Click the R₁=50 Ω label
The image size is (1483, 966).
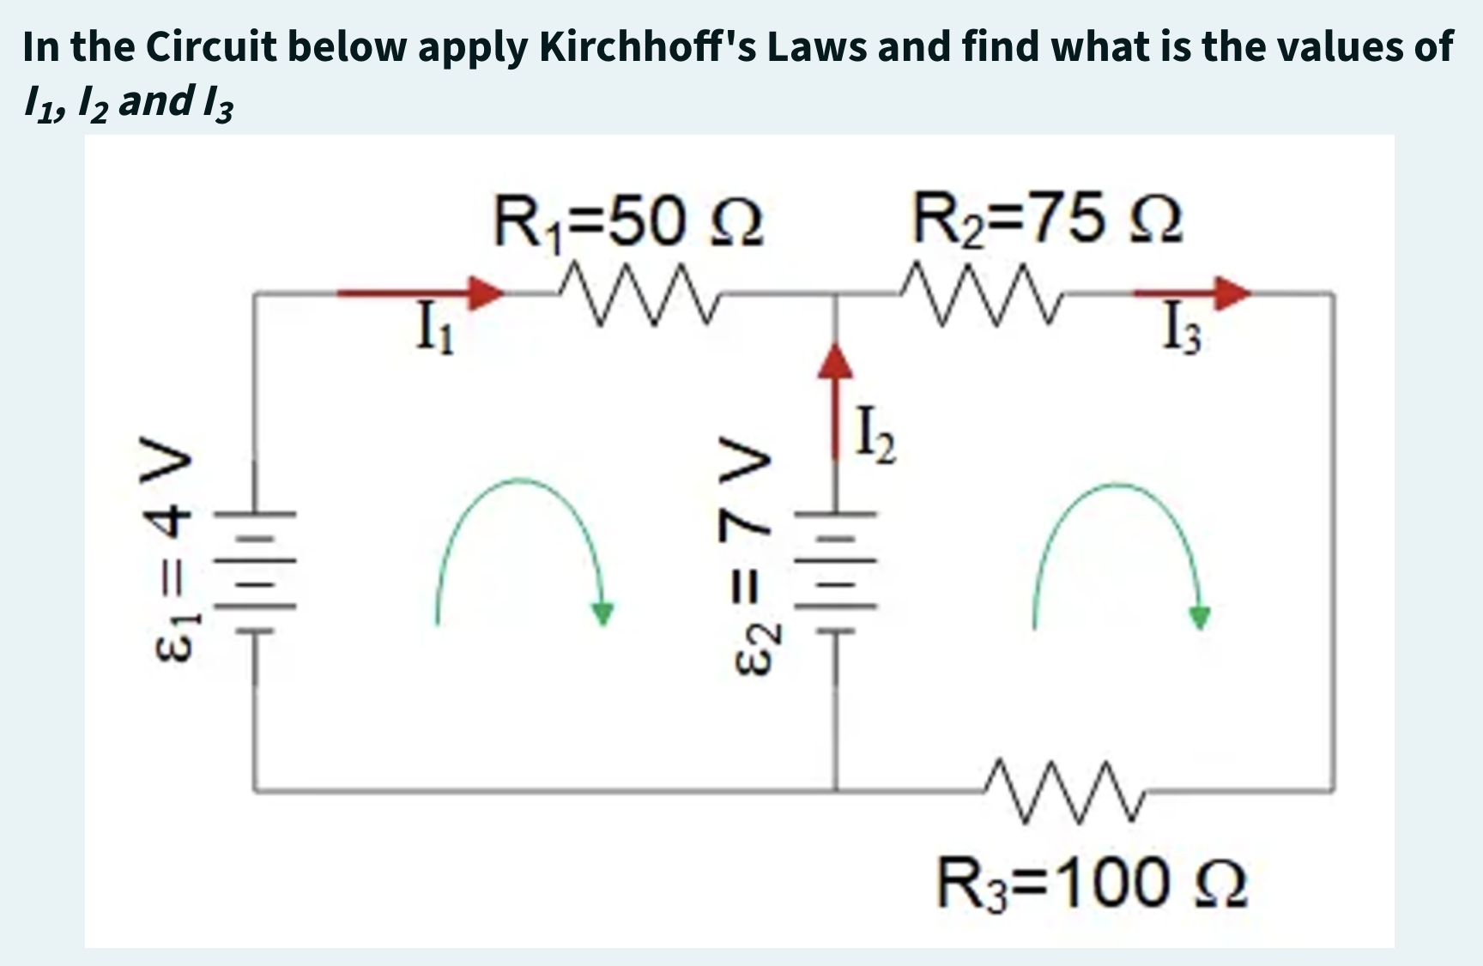tap(627, 221)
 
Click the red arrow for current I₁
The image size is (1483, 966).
tap(421, 293)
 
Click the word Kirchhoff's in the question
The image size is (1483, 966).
tap(645, 46)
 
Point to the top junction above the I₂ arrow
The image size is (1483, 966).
tap(836, 294)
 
